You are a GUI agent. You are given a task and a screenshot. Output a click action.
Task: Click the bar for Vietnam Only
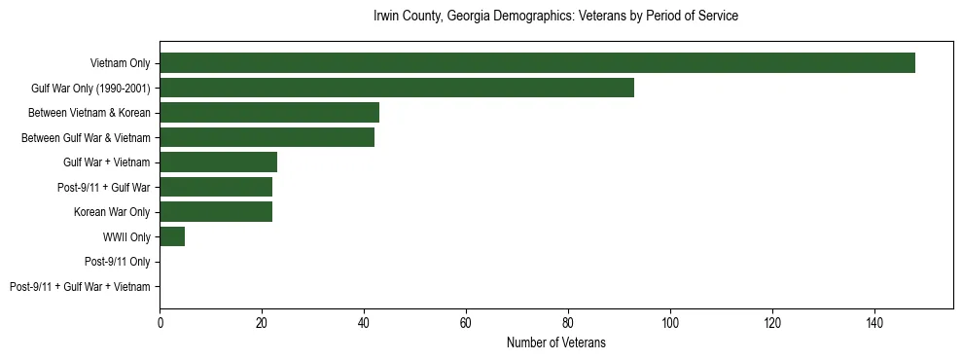(537, 63)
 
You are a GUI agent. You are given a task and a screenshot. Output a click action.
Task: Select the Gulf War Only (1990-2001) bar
(397, 88)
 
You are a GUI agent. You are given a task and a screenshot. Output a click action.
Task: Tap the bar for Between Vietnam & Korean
(269, 113)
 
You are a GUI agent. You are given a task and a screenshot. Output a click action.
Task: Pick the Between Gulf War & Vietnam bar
(267, 137)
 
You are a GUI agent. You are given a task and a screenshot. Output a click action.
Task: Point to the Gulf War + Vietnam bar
(218, 162)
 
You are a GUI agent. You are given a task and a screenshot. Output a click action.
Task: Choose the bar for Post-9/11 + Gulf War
(216, 187)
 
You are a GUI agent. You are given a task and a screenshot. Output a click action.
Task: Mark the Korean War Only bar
(216, 212)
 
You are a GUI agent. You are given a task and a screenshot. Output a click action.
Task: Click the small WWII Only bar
(172, 236)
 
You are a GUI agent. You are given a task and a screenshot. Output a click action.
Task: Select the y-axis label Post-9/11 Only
(118, 262)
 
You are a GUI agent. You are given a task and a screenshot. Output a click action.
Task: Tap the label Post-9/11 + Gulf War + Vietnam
(80, 287)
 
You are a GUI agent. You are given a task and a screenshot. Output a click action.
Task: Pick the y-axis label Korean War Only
(112, 212)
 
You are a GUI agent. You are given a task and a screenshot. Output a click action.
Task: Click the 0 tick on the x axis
(160, 323)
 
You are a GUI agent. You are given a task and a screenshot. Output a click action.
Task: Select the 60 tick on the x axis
(466, 323)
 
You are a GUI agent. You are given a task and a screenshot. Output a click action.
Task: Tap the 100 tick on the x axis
(670, 323)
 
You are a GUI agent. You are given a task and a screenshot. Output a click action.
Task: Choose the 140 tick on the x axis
(874, 323)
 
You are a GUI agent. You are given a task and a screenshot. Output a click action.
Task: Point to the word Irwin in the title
(386, 17)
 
